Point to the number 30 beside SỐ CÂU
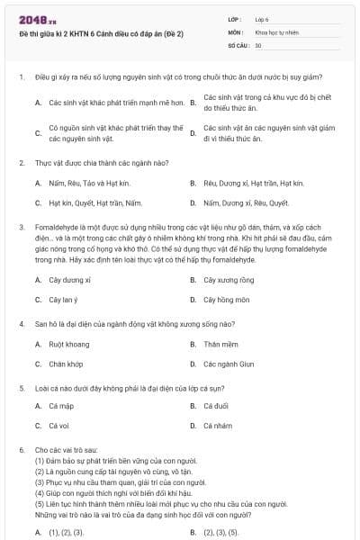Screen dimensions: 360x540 pyautogui.click(x=258, y=44)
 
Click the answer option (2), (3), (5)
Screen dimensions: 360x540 pyautogui.click(x=221, y=532)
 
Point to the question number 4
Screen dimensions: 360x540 pyautogui.click(x=21, y=322)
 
